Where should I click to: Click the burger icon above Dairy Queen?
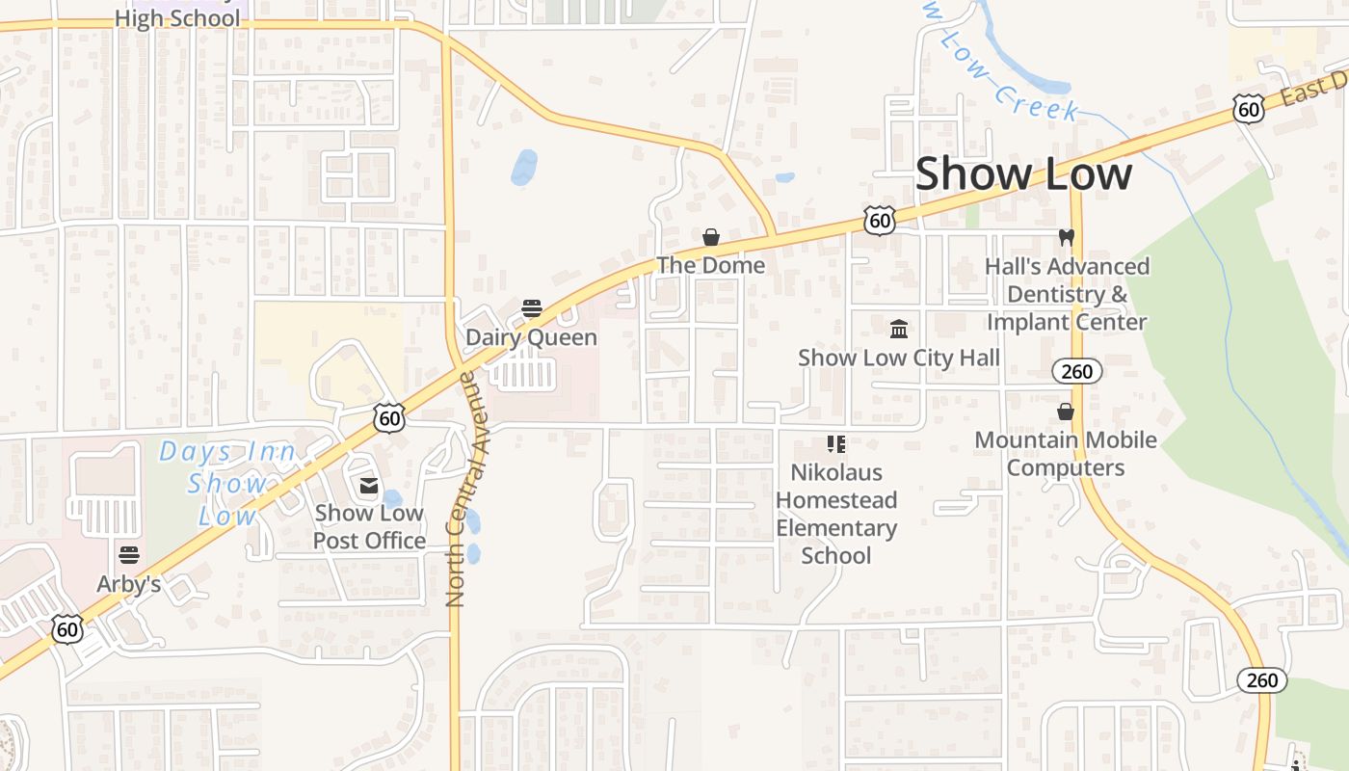pyautogui.click(x=532, y=308)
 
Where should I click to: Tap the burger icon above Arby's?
pyautogui.click(x=128, y=555)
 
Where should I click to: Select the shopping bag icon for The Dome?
pyautogui.click(x=711, y=237)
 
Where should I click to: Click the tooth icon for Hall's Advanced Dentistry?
pyautogui.click(x=1066, y=237)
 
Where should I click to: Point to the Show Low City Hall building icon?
pyautogui.click(x=899, y=330)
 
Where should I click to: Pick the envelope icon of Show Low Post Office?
pyautogui.click(x=368, y=486)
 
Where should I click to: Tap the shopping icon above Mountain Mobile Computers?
pyautogui.click(x=1066, y=412)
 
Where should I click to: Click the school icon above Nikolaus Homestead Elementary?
pyautogui.click(x=835, y=444)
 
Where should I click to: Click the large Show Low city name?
pyautogui.click(x=1023, y=173)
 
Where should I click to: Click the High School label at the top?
pyautogui.click(x=177, y=18)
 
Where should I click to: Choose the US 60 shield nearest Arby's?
pyautogui.click(x=66, y=629)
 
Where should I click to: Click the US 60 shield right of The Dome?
pyautogui.click(x=879, y=221)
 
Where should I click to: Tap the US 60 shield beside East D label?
pyautogui.click(x=1248, y=110)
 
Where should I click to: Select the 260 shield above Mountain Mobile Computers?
pyautogui.click(x=1076, y=371)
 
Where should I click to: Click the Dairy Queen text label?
pyautogui.click(x=531, y=337)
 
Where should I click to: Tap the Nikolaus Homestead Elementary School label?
pyautogui.click(x=835, y=514)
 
